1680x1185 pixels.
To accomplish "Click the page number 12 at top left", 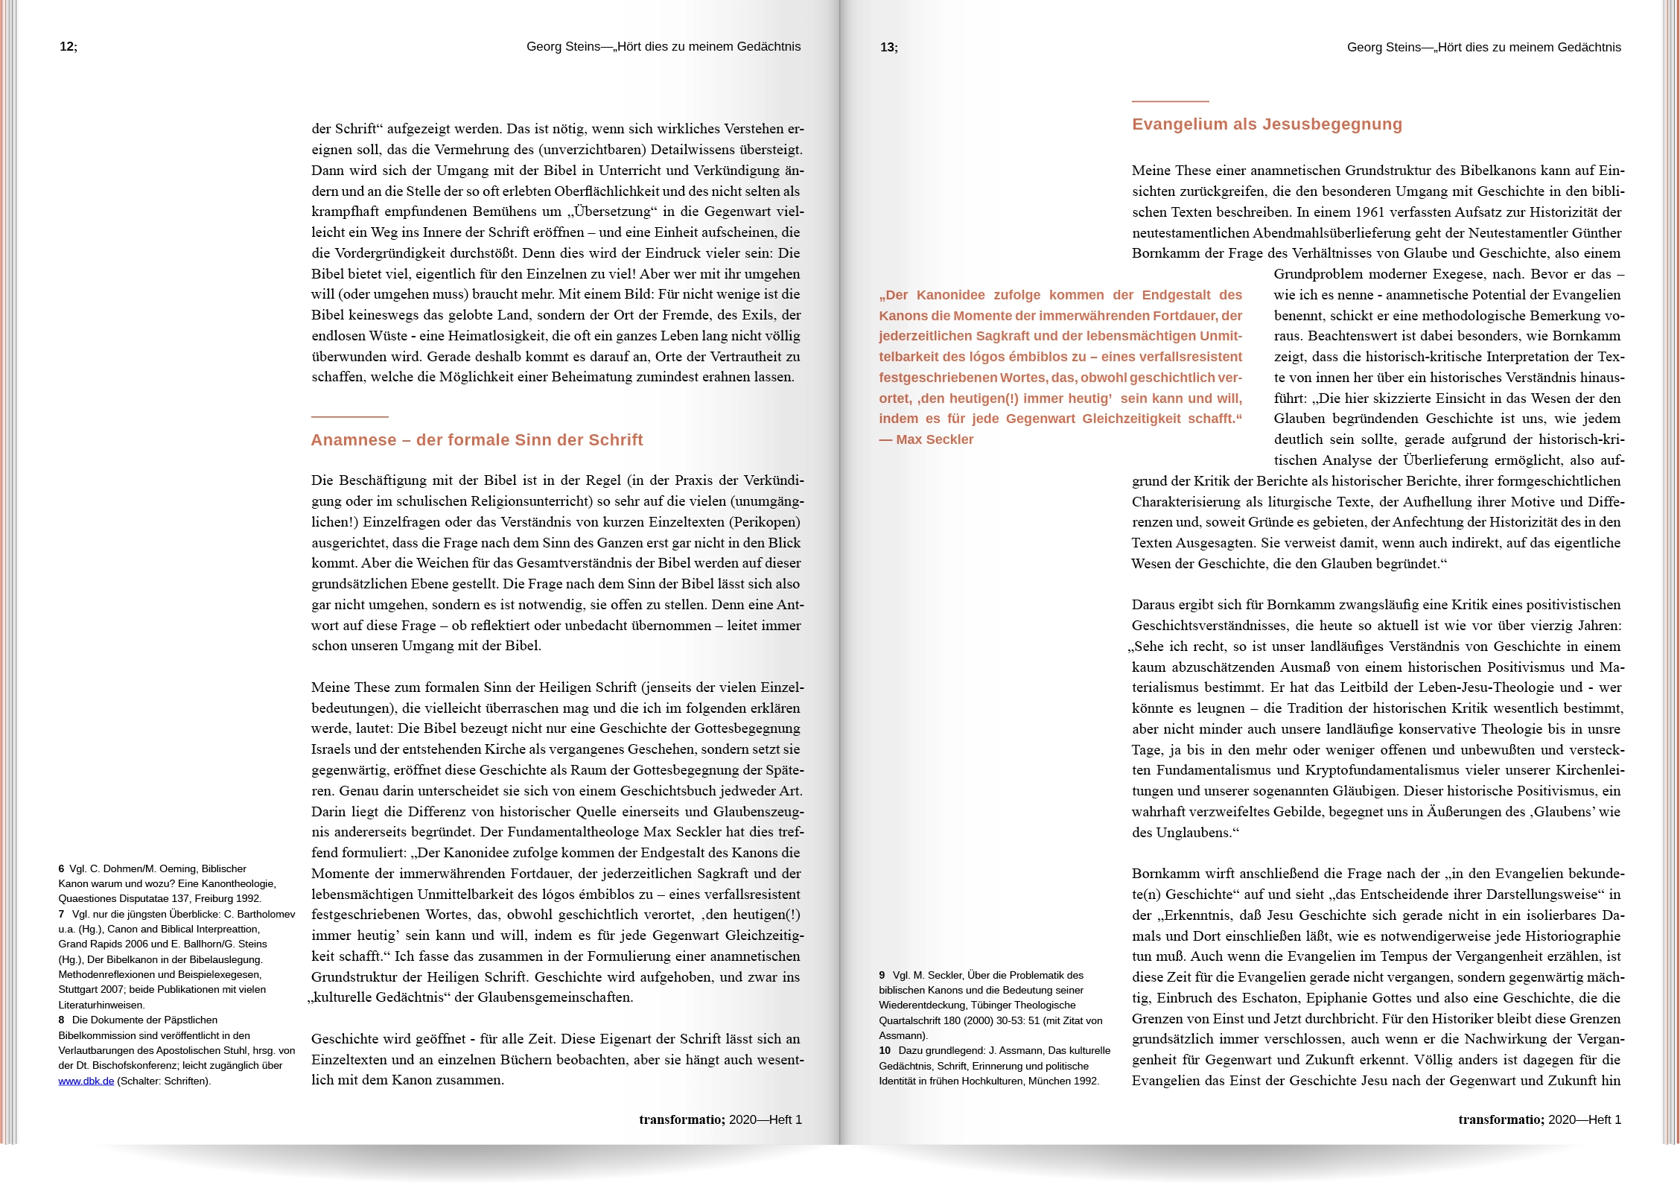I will [67, 47].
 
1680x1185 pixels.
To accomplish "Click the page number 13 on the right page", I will [888, 48].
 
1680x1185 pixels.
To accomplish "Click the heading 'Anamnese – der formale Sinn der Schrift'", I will [477, 440].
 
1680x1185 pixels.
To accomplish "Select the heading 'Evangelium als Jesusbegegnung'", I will [1267, 124].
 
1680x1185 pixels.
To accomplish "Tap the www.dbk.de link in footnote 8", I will [86, 1081].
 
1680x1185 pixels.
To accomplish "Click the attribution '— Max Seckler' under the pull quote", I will [926, 439].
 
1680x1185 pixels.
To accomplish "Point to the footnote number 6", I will [61, 869].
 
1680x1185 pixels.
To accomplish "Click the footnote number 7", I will [61, 914].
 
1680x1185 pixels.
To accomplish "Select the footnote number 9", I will [882, 976].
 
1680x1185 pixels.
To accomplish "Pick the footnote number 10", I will [885, 1051].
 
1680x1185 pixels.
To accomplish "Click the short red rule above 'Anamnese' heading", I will [349, 416].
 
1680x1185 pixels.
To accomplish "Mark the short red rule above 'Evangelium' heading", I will [1170, 101].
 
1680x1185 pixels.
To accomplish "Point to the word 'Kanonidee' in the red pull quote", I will [949, 295].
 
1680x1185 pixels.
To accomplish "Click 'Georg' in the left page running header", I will [543, 47].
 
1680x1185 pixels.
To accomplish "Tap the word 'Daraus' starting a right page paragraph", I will [1152, 605].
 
